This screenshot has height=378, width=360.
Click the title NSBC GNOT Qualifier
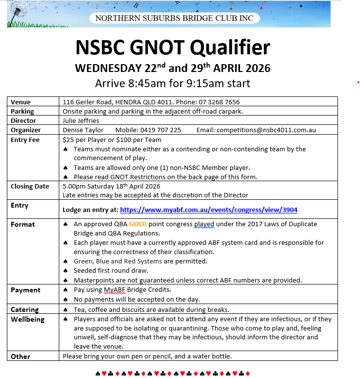(172, 48)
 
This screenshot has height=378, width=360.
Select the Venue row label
(21, 102)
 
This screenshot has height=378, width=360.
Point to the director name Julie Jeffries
(81, 120)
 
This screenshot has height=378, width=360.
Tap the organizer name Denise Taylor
(83, 130)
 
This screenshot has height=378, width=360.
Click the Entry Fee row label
(25, 140)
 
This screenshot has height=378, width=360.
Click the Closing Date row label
(30, 186)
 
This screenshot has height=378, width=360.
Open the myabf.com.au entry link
(209, 210)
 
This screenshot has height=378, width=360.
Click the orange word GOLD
(138, 224)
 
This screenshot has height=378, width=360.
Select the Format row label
(23, 224)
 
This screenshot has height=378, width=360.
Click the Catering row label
(24, 309)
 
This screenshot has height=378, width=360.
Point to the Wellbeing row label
(27, 319)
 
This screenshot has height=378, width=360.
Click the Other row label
(21, 356)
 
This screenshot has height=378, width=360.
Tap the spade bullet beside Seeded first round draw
(66, 271)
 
